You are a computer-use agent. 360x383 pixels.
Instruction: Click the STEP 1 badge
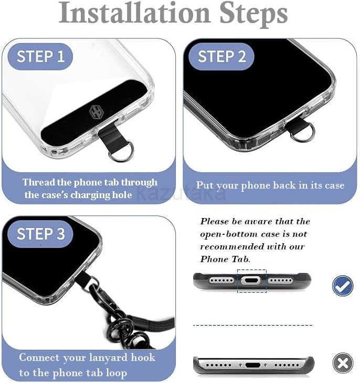tap(40, 57)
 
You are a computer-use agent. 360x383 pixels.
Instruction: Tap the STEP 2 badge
tap(221, 57)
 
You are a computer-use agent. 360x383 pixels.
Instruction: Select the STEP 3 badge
tap(40, 234)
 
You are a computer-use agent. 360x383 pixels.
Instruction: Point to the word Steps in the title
tap(253, 15)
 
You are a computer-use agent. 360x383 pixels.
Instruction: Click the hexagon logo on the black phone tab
tap(96, 112)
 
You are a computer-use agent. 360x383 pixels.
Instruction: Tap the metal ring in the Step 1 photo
tap(121, 151)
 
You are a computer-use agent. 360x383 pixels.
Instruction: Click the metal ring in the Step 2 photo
tap(302, 132)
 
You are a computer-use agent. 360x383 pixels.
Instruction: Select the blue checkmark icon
tap(343, 285)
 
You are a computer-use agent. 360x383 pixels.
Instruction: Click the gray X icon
tap(343, 363)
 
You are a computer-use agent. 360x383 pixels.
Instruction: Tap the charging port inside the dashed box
tap(251, 281)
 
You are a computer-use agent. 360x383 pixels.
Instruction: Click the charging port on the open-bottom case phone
tap(253, 365)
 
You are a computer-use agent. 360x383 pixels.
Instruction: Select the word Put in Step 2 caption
tap(205, 185)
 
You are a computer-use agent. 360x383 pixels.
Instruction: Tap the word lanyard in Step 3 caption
tap(108, 358)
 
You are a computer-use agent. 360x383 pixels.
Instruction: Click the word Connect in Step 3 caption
tap(39, 358)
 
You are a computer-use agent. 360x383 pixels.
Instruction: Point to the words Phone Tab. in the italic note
tap(225, 259)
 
